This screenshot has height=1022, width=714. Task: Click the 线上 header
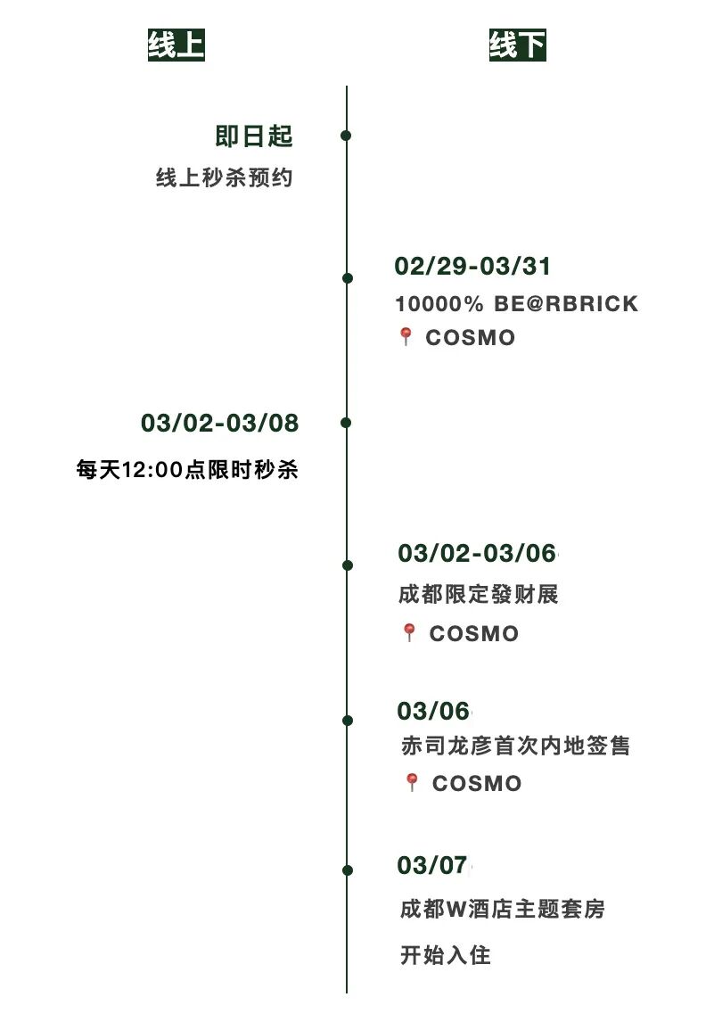tap(176, 45)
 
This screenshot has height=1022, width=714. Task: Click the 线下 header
tap(517, 45)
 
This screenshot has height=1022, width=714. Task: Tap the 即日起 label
tap(254, 136)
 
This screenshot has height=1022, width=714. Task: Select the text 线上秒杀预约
tap(225, 178)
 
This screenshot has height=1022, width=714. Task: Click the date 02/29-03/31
tap(472, 266)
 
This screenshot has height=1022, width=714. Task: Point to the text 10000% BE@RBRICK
tap(517, 304)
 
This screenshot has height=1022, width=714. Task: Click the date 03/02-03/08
tap(219, 423)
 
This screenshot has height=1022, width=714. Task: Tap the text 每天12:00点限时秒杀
tap(187, 470)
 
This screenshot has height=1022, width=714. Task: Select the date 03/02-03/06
tap(477, 553)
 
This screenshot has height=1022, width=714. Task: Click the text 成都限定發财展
tap(479, 594)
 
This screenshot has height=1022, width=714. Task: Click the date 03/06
tap(433, 711)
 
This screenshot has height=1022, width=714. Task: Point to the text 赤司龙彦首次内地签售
tap(515, 746)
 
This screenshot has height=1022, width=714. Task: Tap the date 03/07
tap(432, 865)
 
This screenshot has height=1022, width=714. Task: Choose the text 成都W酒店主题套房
tap(503, 910)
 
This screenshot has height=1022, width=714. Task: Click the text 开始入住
tap(445, 956)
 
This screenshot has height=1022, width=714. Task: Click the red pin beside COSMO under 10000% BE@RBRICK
tap(406, 337)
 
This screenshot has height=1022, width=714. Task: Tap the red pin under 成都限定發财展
tap(409, 633)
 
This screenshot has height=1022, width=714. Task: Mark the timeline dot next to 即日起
tap(346, 136)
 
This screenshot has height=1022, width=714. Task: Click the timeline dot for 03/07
tap(347, 870)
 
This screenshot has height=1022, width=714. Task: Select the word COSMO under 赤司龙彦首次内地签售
tap(477, 784)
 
